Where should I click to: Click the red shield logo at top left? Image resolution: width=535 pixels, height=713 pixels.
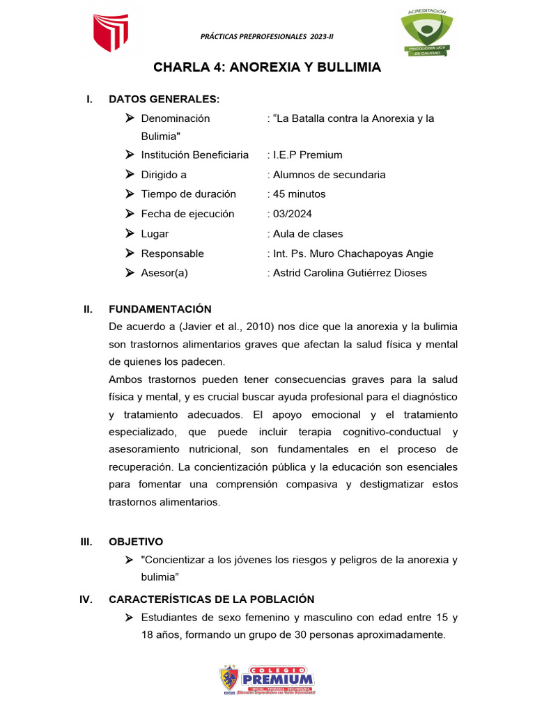pyautogui.click(x=111, y=33)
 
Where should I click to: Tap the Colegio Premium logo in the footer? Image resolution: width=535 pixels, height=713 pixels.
pyautogui.click(x=267, y=680)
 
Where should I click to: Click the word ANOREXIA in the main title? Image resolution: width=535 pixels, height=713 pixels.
pyautogui.click(x=265, y=68)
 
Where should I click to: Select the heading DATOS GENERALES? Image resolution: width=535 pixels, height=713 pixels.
pyautogui.click(x=164, y=100)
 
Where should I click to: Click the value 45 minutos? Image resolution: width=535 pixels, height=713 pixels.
pyautogui.click(x=299, y=194)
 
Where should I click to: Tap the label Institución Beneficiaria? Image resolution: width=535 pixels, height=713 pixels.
pyautogui.click(x=194, y=155)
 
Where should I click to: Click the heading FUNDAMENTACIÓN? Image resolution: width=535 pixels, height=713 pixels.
pyautogui.click(x=160, y=309)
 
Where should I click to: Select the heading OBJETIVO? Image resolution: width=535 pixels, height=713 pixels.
pyautogui.click(x=136, y=541)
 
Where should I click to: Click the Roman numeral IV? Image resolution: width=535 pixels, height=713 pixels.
pyautogui.click(x=87, y=600)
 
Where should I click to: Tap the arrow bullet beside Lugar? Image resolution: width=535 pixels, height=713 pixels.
pyautogui.click(x=130, y=234)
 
